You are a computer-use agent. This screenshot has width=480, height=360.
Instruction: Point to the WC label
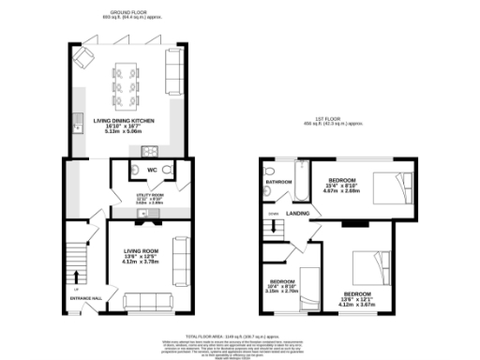pos(150,170)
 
